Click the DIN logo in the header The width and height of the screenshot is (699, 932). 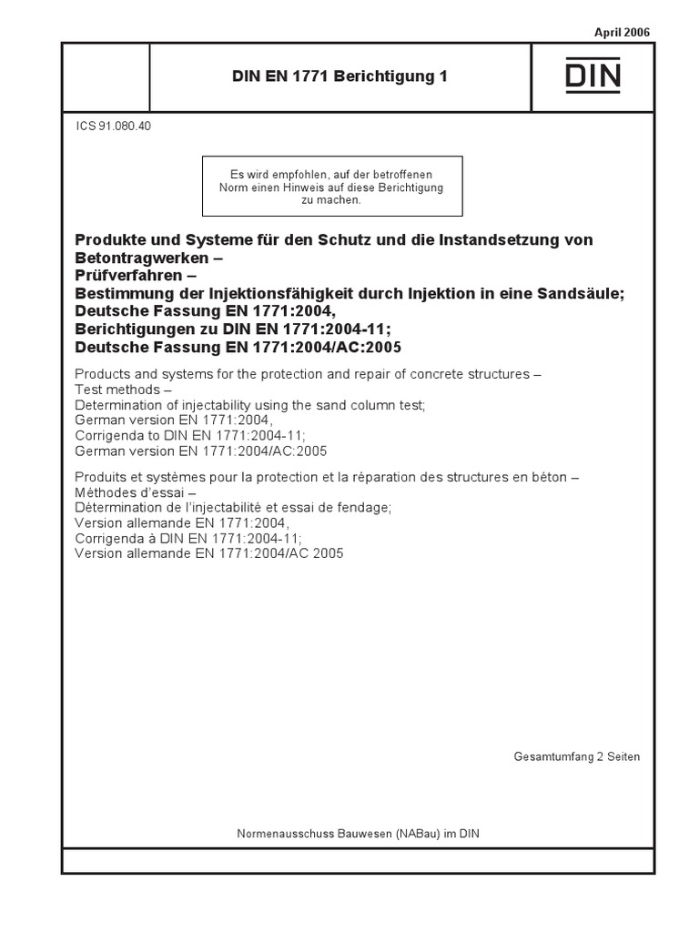pyautogui.click(x=593, y=76)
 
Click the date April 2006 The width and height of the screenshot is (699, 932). pyautogui.click(x=623, y=33)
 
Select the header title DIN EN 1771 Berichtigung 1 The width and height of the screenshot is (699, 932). pyautogui.click(x=339, y=76)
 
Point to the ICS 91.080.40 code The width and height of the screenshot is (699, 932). pyautogui.click(x=114, y=127)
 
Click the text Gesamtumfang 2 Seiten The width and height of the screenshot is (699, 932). pyautogui.click(x=577, y=756)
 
